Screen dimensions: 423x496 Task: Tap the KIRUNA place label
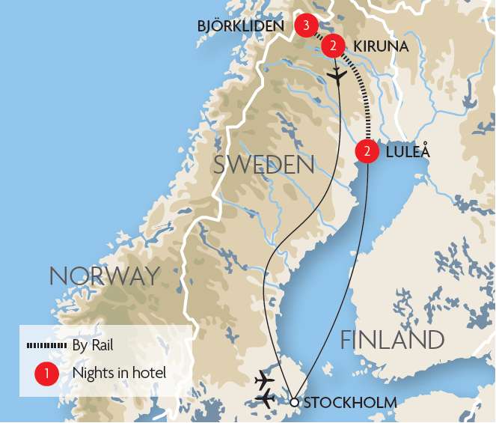(382, 46)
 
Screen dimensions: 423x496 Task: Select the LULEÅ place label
(408, 151)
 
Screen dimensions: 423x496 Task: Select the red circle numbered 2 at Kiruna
(333, 46)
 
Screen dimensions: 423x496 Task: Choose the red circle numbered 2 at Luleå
(367, 151)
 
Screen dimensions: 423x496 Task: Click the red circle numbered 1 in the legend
(46, 372)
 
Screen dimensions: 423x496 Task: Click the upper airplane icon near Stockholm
(265, 380)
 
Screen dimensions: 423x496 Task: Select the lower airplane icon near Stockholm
(265, 400)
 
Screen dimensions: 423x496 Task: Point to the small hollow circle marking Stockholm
(294, 403)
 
